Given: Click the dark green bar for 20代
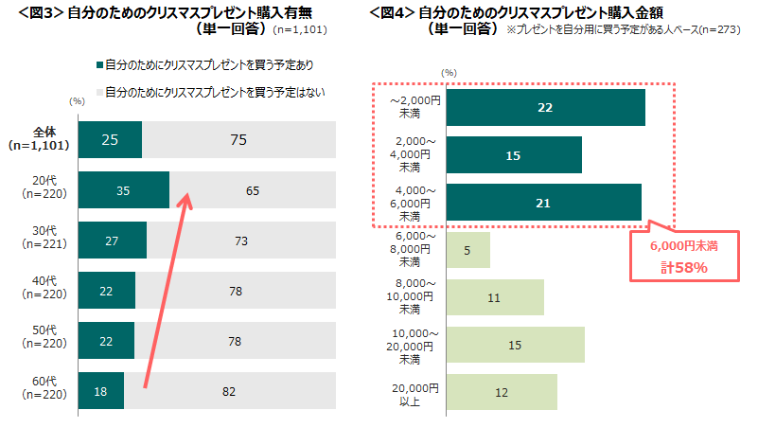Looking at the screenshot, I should click(x=123, y=190).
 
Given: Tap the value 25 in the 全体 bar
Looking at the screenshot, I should click(x=109, y=140).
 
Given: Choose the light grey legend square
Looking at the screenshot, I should click(x=99, y=93).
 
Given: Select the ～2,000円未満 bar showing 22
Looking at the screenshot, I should click(x=545, y=107).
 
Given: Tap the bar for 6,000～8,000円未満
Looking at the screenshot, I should click(x=467, y=250).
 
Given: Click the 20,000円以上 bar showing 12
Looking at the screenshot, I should click(x=502, y=392).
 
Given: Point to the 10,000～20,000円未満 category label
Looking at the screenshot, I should click(x=415, y=345).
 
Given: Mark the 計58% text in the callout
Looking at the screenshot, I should click(x=684, y=268).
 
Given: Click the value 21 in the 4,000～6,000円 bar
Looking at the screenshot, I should click(x=542, y=203).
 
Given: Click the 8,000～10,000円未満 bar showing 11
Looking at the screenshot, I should click(x=495, y=297).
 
